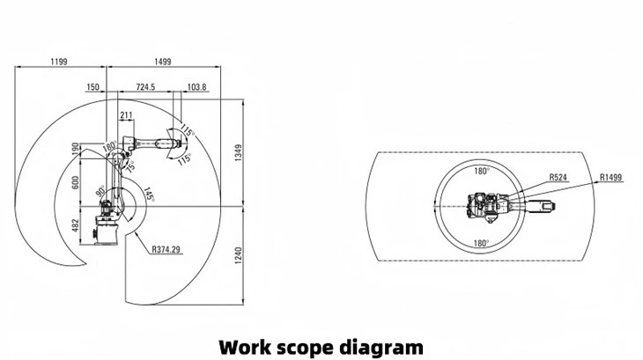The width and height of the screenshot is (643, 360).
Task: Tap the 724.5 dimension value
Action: (145, 87)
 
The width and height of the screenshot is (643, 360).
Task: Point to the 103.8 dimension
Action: (197, 87)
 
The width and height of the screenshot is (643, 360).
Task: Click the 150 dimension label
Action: (92, 87)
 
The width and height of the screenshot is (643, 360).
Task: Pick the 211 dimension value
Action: (126, 114)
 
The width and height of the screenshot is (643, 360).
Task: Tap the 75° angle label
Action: (131, 165)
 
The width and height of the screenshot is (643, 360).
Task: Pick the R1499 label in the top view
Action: (610, 177)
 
